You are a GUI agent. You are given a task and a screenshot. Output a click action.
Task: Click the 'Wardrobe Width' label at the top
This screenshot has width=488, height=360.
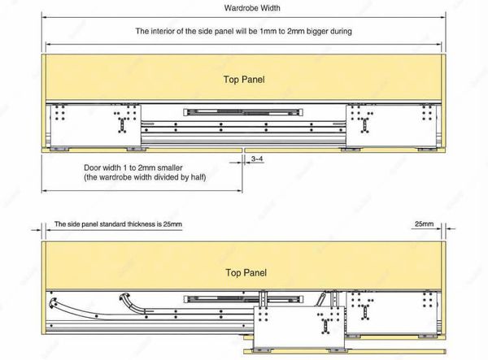243,9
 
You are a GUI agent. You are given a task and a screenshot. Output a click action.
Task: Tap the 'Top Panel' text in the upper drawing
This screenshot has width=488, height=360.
243,80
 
